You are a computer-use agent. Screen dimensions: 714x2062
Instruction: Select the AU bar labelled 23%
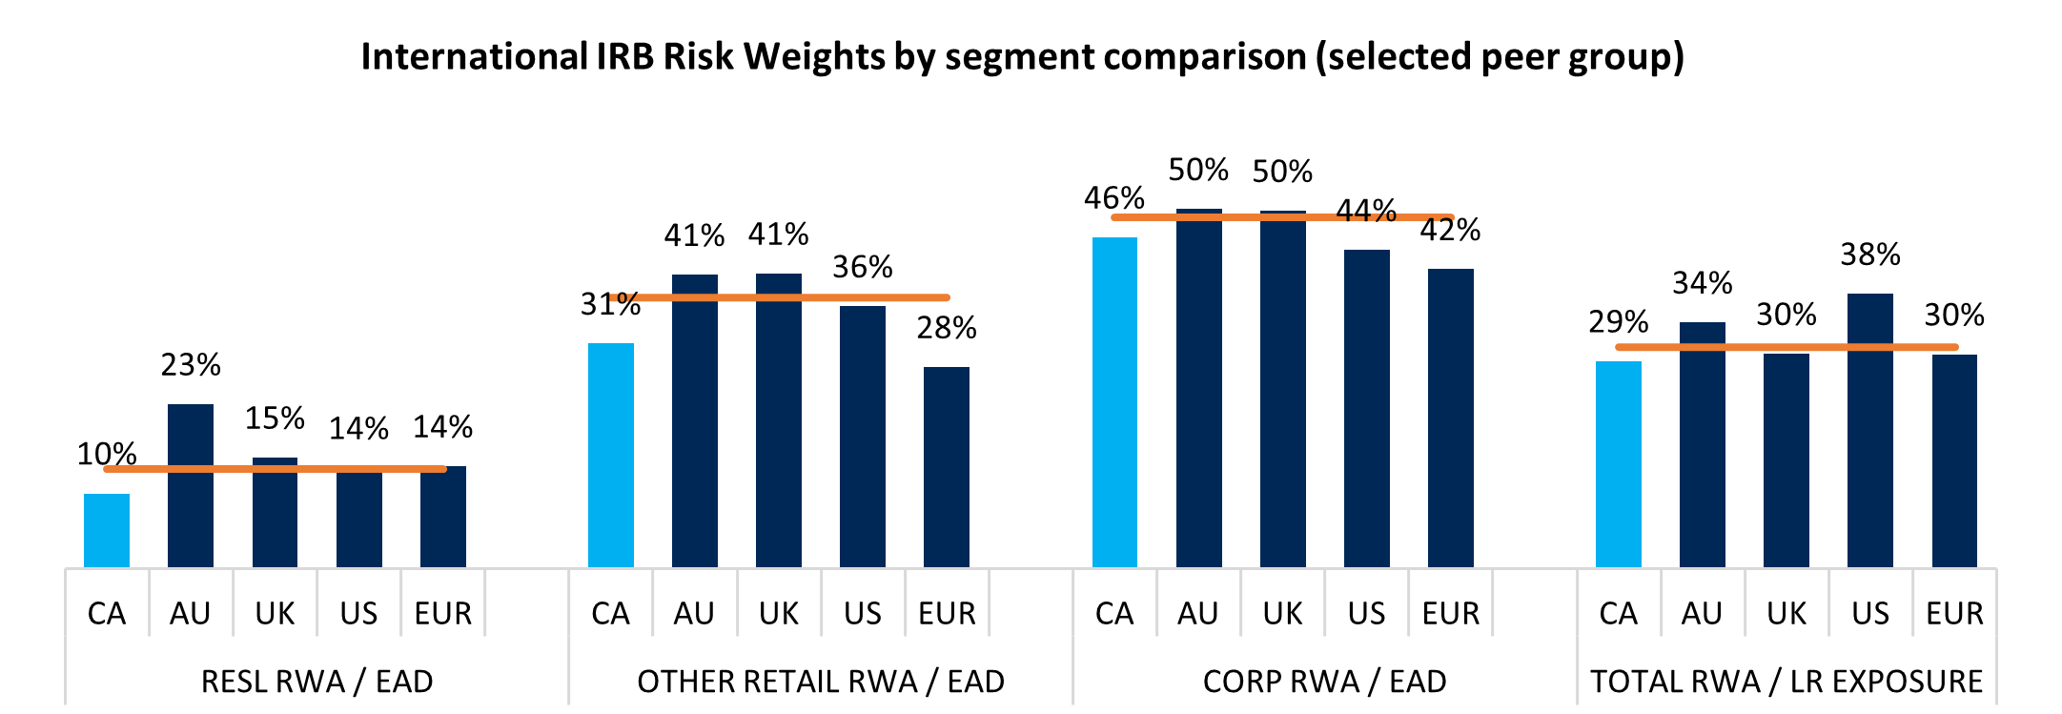191,486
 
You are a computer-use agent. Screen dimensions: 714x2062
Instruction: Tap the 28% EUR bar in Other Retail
947,467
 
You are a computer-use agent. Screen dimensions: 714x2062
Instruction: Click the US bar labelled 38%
1869,429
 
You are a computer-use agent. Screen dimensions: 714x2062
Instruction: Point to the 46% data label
1113,198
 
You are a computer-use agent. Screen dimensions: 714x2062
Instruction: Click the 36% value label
862,267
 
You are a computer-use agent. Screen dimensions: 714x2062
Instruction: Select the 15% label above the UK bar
275,418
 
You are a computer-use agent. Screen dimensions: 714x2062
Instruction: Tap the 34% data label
1702,283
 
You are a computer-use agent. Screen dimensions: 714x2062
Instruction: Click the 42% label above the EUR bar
1450,230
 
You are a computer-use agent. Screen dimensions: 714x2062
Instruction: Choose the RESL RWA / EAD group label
316,682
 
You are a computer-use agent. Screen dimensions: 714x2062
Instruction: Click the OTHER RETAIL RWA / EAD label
821,682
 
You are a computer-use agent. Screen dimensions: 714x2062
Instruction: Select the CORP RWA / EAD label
1324,682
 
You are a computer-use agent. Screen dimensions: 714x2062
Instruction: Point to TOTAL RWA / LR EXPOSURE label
1786,682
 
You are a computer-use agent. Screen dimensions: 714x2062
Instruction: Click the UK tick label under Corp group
1282,613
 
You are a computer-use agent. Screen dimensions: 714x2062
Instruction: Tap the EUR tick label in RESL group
442,613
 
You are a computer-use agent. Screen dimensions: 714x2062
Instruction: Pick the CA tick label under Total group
1618,613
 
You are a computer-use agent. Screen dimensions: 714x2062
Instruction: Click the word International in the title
474,57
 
